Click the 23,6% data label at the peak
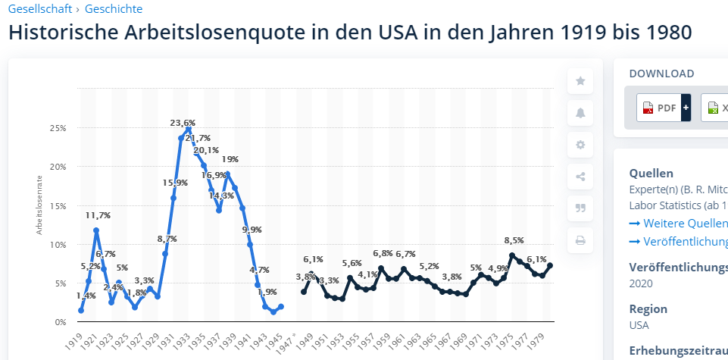[183, 123]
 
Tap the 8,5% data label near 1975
[514, 240]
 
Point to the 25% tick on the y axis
[58, 128]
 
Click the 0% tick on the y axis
[61, 322]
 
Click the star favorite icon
[580, 81]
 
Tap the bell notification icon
[580, 113]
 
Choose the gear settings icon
[580, 145]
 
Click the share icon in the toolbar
[580, 177]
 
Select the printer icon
[580, 241]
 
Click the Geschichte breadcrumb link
[114, 9]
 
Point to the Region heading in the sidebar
[648, 308]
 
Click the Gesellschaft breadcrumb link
[41, 9]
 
